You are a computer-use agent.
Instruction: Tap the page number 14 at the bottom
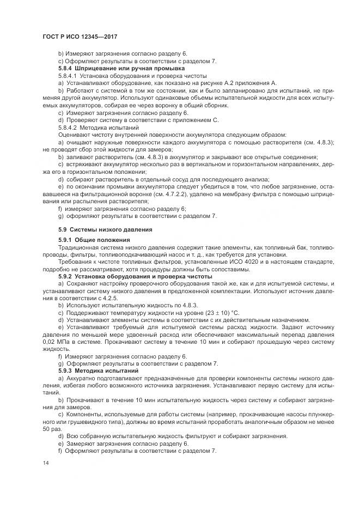tap(45, 463)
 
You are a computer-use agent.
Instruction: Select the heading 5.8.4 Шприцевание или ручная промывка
tap(121, 69)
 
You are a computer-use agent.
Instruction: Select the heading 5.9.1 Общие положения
tap(94, 240)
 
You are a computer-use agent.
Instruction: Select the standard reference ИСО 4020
tap(236, 262)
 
